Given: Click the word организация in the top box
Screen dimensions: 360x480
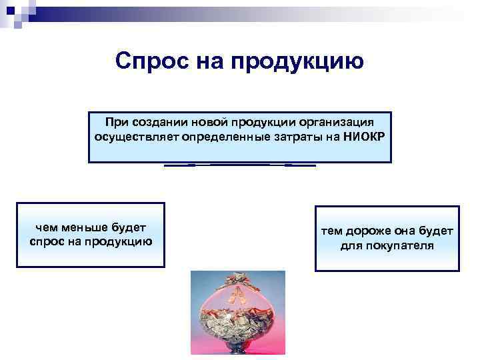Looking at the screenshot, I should coord(333,123).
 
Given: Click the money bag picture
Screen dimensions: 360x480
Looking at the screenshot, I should coord(237,313).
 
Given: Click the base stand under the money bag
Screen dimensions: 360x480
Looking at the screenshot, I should coord(237,349).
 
